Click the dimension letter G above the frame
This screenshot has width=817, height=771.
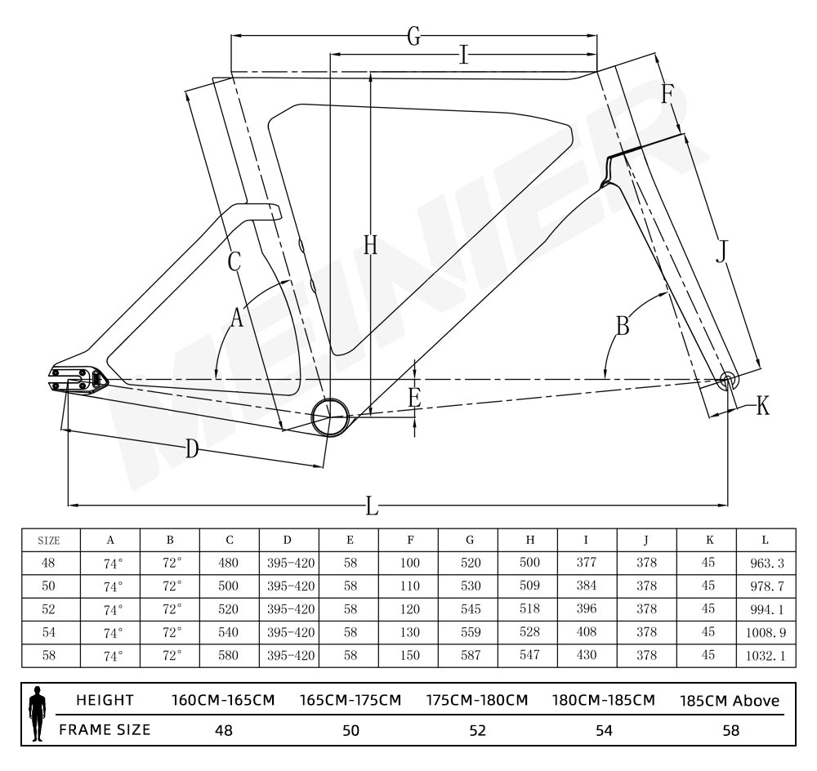click(414, 37)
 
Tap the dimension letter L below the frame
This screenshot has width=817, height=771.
click(373, 506)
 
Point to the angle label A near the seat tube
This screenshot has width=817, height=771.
click(237, 318)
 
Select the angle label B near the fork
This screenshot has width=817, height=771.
click(623, 327)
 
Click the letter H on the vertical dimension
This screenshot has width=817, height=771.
click(370, 244)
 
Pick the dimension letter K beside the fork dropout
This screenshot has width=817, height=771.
click(762, 406)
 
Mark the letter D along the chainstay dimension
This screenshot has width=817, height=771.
click(192, 448)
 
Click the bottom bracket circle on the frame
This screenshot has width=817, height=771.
click(330, 417)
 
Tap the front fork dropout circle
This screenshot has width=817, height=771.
click(728, 380)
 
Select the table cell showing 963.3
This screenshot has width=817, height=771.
click(766, 563)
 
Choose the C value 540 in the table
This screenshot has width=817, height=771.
click(230, 632)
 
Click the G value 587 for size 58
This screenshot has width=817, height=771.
click(469, 655)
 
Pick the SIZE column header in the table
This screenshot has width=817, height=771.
click(50, 540)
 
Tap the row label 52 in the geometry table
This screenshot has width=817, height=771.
click(49, 609)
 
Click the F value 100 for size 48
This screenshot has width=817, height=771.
click(409, 563)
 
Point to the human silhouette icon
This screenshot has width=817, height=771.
click(38, 714)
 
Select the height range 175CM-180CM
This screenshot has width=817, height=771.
click(477, 701)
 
